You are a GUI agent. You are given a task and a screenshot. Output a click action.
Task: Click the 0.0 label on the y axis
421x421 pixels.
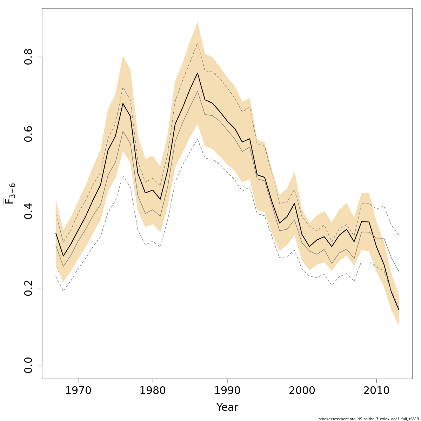(28, 365)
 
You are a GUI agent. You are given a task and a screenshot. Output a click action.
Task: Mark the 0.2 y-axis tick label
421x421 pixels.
(28, 288)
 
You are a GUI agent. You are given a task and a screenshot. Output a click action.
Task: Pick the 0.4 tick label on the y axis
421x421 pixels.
(28, 211)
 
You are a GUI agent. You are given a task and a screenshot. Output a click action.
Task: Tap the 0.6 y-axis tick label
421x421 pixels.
(28, 134)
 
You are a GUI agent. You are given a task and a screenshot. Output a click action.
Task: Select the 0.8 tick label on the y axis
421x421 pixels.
(28, 57)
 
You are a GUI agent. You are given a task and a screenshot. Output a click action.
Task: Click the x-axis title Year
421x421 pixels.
(227, 407)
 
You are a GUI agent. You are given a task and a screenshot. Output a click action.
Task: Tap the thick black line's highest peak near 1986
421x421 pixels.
(198, 73)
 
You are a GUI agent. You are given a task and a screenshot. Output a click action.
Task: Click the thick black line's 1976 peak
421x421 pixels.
(123, 103)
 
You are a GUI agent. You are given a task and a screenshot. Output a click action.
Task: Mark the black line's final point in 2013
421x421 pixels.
(399, 310)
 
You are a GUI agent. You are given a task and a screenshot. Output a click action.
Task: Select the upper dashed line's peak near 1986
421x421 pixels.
(198, 43)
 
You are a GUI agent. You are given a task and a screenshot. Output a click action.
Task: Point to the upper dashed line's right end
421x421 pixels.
(399, 235)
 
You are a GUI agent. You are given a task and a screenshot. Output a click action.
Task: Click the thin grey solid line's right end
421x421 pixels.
(399, 271)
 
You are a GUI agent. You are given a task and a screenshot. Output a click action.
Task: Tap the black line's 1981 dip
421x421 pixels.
(160, 199)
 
